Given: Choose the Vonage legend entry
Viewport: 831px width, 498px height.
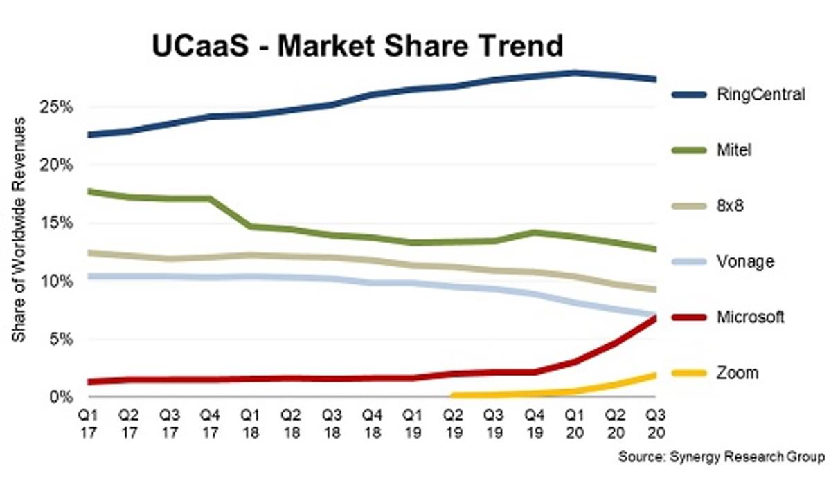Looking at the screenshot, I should point(745,261).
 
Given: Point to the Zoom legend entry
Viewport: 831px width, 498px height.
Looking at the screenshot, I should point(738,373).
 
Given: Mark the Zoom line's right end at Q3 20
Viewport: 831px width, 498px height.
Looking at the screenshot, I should point(655,375).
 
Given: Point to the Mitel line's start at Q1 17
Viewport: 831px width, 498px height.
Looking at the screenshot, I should point(90,191).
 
